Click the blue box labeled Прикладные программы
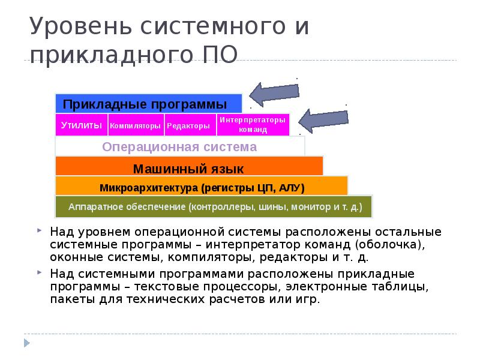[x=149, y=103]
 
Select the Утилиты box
[x=82, y=125]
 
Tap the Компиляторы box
[x=136, y=126]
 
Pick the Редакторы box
[x=188, y=126]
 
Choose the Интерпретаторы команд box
[x=253, y=125]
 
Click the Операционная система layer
[x=180, y=147]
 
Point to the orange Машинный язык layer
[x=189, y=167]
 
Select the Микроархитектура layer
[x=202, y=187]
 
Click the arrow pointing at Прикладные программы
[x=273, y=94]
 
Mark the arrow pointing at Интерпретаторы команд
[x=322, y=119]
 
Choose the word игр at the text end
[x=308, y=299]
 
